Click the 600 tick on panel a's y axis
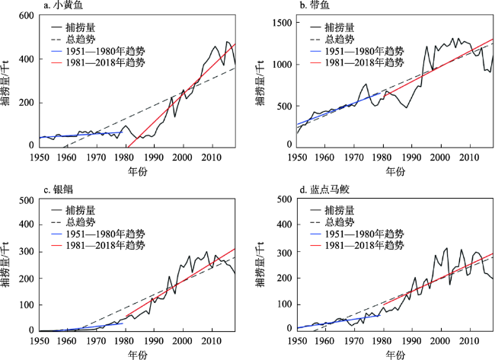click(20, 16)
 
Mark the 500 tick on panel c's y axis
click(20, 200)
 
